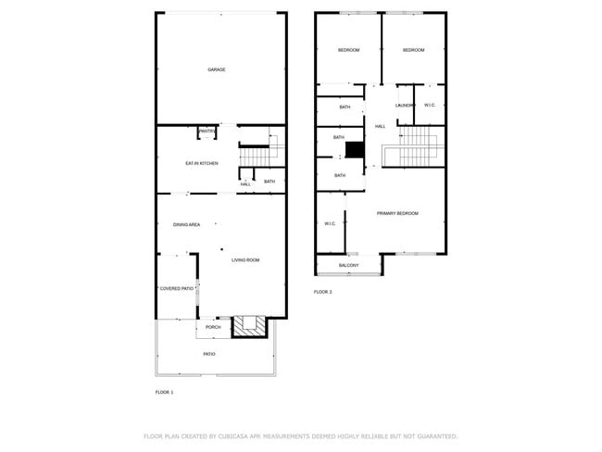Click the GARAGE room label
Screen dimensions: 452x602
(x=216, y=69)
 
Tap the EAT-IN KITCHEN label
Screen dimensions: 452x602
(x=202, y=163)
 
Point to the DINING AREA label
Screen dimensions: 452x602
(x=187, y=225)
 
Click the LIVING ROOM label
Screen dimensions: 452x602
(x=245, y=260)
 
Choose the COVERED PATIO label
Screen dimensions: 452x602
(x=176, y=289)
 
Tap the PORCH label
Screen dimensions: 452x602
(x=213, y=327)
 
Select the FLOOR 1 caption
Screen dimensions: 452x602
(x=164, y=393)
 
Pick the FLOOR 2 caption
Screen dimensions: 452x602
(x=322, y=292)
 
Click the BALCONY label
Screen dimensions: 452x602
(x=348, y=266)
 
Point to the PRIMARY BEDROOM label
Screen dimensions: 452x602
(x=397, y=213)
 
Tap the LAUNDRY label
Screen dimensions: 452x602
(x=405, y=106)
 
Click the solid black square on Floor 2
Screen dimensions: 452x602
(x=354, y=150)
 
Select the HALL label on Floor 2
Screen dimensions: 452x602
(x=380, y=126)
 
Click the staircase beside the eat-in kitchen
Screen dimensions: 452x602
(x=258, y=150)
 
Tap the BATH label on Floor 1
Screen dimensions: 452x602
(x=270, y=182)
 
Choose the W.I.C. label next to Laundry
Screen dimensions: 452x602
(x=430, y=106)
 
